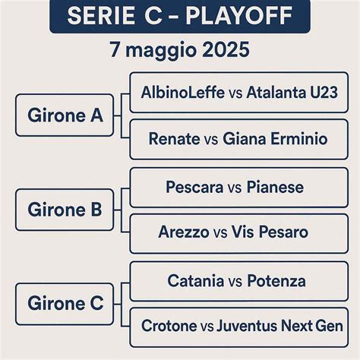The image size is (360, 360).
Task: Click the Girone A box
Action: point(65,115)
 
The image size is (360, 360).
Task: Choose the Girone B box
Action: point(65,210)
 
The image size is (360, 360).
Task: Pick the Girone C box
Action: point(65,304)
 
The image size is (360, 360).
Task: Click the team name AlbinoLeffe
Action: point(182,93)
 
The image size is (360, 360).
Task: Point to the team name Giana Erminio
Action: point(275,139)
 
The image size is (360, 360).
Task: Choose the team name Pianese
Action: point(275,187)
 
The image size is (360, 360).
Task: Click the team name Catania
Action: point(195,281)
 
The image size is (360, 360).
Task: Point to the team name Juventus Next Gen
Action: point(279,327)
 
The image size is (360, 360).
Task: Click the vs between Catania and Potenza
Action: point(235,282)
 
